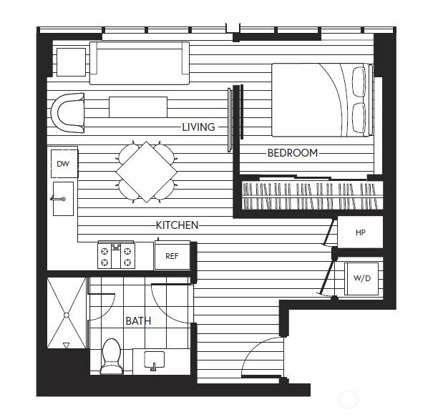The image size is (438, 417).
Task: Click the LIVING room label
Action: pos(198,127)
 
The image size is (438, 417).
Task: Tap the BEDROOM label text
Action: pos(292,153)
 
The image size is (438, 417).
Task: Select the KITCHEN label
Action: pos(177,225)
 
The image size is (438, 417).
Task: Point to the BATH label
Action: pos(138,321)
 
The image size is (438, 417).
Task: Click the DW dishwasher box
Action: pos(63,164)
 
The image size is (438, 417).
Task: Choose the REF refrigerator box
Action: pos(172,256)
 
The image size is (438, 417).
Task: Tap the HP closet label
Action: pos(361,232)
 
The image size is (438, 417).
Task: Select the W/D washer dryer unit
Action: pos(360,278)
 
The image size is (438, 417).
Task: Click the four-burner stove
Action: pos(117,255)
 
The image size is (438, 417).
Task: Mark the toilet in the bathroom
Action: pos(112,355)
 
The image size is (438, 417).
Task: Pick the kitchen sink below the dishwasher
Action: pos(62,197)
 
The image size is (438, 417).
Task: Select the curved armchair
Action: pos(69,112)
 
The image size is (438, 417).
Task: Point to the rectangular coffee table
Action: pos(138,107)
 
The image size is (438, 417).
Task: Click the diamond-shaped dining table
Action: pos(147,172)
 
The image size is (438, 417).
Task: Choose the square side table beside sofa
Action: pos(71,62)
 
